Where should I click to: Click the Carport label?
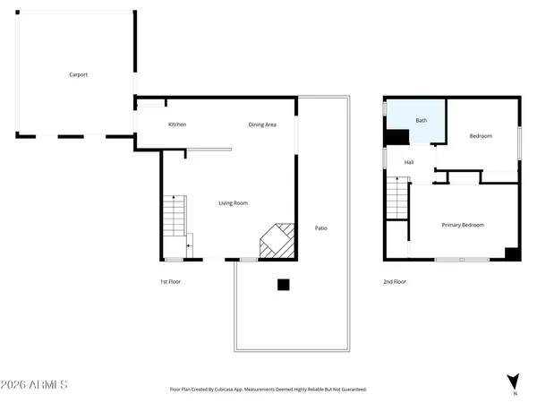click(x=79, y=75)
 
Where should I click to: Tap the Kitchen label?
click(x=177, y=124)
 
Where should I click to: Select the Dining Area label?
click(x=262, y=124)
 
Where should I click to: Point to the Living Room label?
click(x=233, y=203)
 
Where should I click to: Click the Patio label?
click(x=320, y=228)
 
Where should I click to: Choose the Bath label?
click(x=421, y=120)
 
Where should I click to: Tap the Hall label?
click(x=409, y=162)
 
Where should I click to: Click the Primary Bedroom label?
click(x=463, y=225)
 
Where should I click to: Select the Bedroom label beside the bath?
click(x=481, y=136)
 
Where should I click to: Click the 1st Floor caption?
click(x=171, y=281)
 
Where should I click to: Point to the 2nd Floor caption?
click(x=395, y=281)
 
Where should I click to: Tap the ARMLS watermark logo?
click(x=35, y=384)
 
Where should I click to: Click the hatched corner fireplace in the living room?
click(x=277, y=240)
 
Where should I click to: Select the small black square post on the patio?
click(x=283, y=285)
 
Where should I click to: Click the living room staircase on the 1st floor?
click(x=174, y=219)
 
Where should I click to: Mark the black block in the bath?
click(x=396, y=136)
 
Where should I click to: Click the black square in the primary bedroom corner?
click(x=512, y=253)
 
